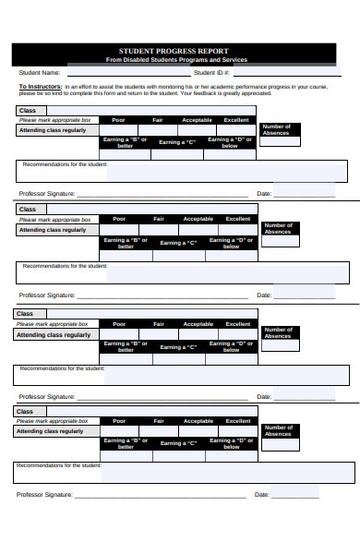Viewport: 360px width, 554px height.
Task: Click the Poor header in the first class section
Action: click(x=118, y=120)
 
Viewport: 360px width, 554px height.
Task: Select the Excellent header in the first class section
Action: click(x=237, y=120)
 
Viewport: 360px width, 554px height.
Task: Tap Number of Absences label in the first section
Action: click(x=277, y=129)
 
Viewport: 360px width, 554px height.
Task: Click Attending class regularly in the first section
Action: click(x=54, y=130)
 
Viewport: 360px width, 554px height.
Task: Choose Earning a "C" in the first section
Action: click(x=177, y=142)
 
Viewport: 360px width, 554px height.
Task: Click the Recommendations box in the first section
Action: click(x=227, y=171)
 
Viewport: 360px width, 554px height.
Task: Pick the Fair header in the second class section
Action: click(x=159, y=219)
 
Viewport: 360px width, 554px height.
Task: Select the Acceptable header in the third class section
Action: click(x=198, y=324)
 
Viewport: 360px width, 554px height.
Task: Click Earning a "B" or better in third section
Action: click(x=125, y=345)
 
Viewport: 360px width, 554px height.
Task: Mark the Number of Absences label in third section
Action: click(x=277, y=332)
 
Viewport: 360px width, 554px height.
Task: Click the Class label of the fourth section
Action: click(x=25, y=412)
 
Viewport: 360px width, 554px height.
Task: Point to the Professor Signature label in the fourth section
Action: click(x=44, y=495)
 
